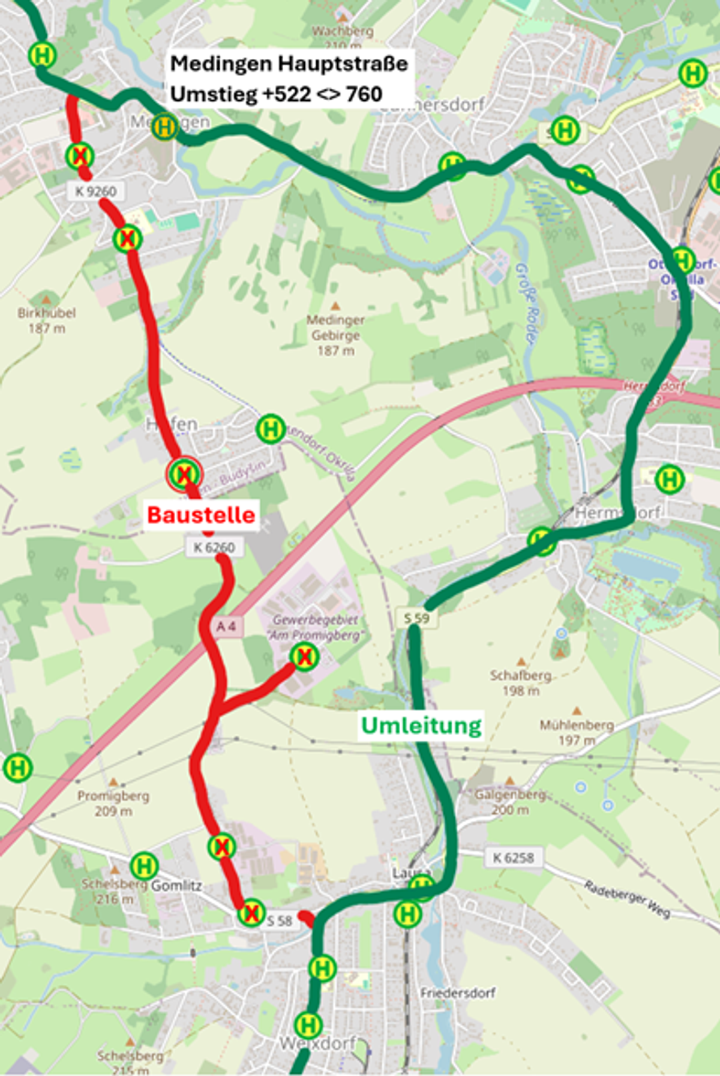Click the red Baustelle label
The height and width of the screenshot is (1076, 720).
(x=201, y=515)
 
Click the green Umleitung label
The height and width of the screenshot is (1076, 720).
(x=421, y=725)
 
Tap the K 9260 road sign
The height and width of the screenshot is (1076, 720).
(x=96, y=191)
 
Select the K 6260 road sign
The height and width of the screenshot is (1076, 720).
(x=214, y=547)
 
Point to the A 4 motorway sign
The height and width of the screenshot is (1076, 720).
(x=226, y=627)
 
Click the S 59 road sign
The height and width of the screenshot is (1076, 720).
(x=416, y=618)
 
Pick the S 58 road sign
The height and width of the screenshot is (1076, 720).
(x=279, y=921)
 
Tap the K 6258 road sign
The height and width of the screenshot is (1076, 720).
(x=513, y=858)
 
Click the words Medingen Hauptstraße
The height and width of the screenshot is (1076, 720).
(x=289, y=63)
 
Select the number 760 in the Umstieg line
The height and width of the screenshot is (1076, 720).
(x=364, y=94)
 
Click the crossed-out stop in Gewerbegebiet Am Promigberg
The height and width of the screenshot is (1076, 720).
(x=304, y=657)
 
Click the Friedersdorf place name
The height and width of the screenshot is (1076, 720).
(x=458, y=993)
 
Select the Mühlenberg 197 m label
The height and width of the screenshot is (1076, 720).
(x=577, y=732)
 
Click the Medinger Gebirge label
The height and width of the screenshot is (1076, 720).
(x=335, y=335)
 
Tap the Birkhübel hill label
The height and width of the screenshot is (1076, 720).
(x=47, y=320)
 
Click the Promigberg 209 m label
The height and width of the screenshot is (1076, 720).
(x=113, y=803)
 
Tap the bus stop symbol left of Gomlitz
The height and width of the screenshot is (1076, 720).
(x=144, y=866)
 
